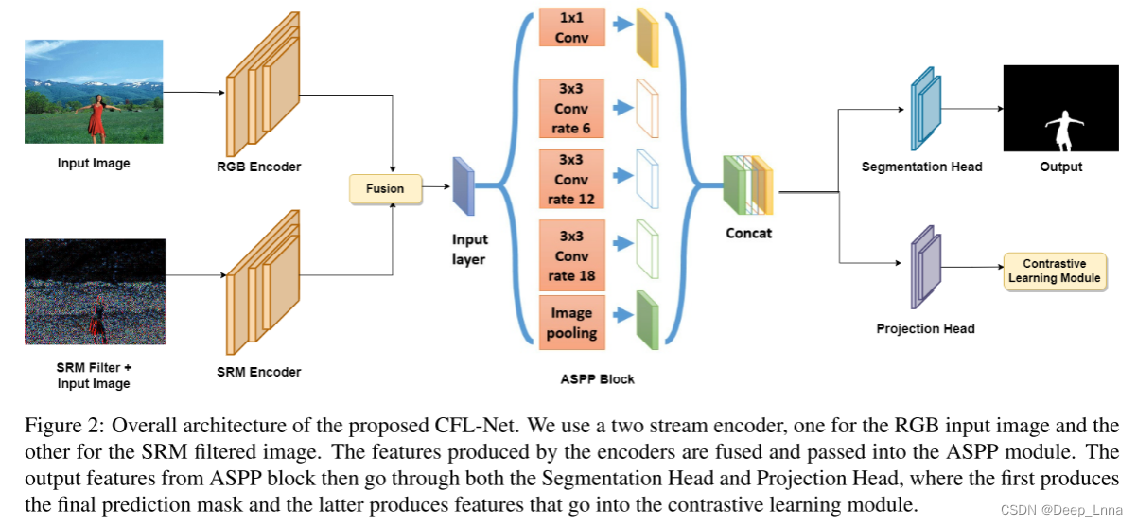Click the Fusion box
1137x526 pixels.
click(384, 188)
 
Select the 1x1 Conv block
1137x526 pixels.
click(571, 27)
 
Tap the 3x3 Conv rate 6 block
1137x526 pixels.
click(571, 109)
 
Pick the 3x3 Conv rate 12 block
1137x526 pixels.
click(571, 179)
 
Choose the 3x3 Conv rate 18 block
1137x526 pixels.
click(571, 255)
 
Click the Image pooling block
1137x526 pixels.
click(571, 323)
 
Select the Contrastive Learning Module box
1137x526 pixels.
click(1054, 271)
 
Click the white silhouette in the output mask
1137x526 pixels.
click(1061, 131)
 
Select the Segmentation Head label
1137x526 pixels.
click(921, 167)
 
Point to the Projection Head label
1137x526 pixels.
click(925, 329)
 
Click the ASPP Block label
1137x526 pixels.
click(597, 379)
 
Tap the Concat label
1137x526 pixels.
click(748, 233)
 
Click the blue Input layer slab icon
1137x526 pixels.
click(463, 186)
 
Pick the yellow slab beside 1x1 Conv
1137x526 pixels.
click(647, 38)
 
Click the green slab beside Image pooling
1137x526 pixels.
click(647, 321)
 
